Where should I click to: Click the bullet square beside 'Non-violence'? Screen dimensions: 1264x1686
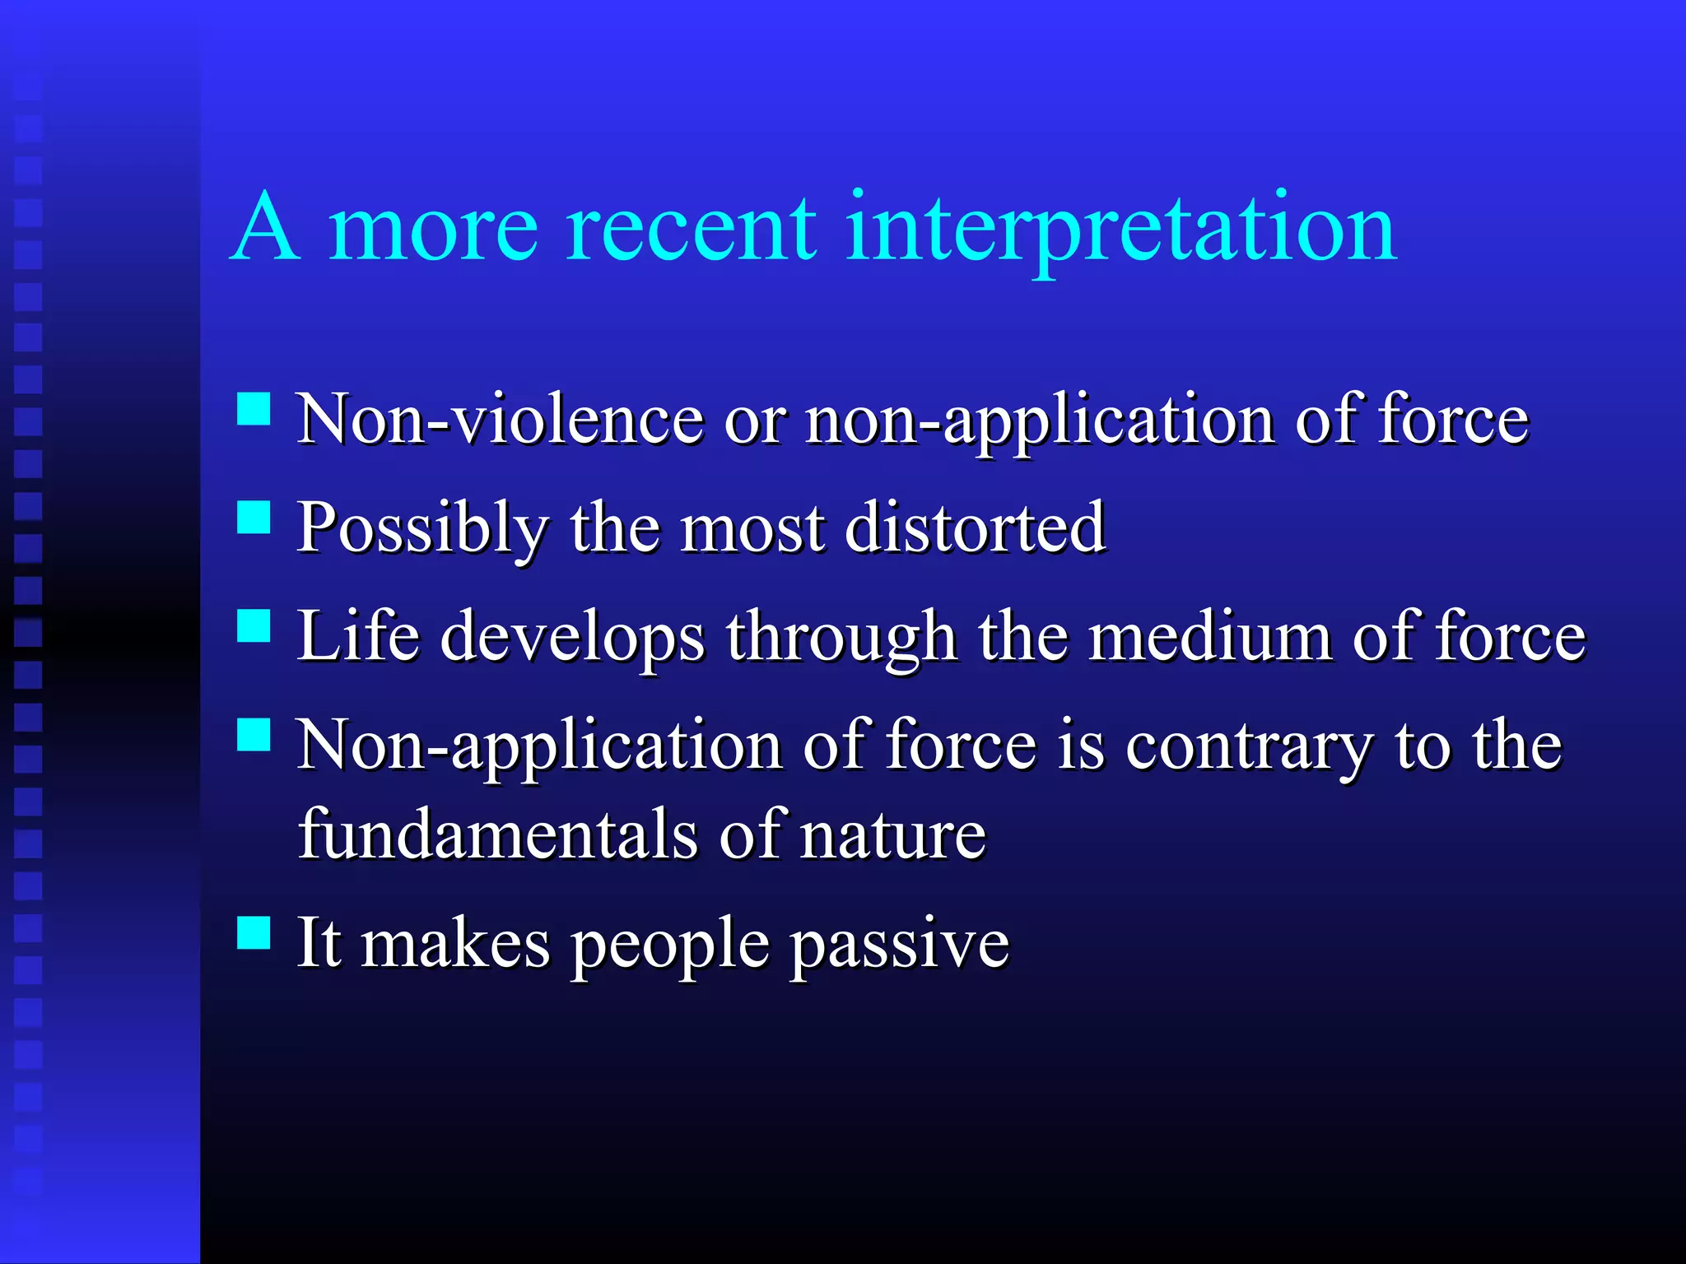pos(254,408)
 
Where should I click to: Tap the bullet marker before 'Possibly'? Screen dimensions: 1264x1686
pos(254,518)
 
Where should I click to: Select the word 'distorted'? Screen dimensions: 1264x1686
pos(975,527)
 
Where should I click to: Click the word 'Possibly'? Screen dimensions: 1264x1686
pos(422,529)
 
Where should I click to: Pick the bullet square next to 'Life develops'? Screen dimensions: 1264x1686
pos(254,625)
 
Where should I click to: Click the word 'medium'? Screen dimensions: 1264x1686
pos(1210,636)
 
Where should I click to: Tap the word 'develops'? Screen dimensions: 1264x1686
pos(572,638)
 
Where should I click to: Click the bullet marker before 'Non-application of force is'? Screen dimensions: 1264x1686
pos(254,735)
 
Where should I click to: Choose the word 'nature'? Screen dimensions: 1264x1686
pos(892,834)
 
